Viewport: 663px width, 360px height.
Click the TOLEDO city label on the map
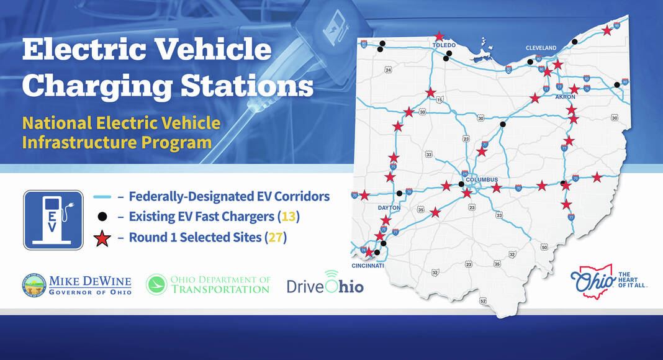point(444,45)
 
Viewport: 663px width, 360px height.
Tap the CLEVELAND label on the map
point(541,48)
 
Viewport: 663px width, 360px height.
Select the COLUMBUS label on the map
point(482,180)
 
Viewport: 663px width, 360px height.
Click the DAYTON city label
point(389,208)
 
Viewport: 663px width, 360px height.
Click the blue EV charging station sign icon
point(53,220)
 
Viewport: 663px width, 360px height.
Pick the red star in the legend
point(102,238)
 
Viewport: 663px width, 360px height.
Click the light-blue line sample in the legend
point(102,197)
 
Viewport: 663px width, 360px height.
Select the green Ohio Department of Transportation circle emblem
point(158,285)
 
